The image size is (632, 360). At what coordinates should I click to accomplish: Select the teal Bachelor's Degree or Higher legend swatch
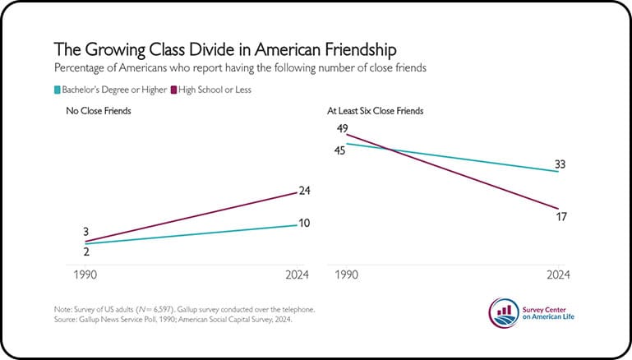(x=57, y=90)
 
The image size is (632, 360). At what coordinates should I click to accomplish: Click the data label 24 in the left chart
(x=303, y=191)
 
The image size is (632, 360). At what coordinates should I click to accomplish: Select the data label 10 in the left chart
(x=303, y=224)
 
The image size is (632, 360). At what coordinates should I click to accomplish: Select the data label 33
(x=560, y=165)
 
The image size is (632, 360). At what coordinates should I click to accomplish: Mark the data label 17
(x=561, y=217)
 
